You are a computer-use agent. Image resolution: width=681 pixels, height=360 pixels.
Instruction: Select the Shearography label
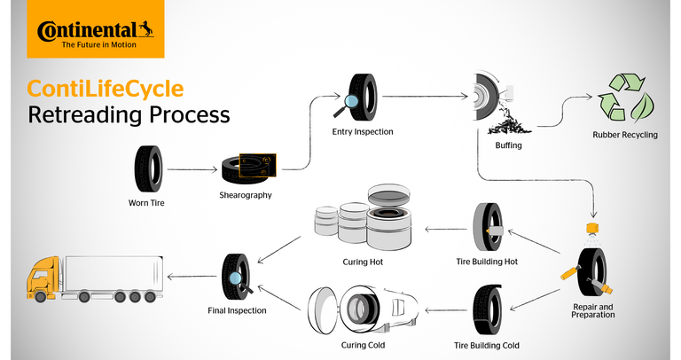(x=246, y=193)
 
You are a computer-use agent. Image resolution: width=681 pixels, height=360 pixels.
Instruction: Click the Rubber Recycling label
(x=624, y=137)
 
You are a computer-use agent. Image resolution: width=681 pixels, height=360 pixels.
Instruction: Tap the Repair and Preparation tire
(x=587, y=271)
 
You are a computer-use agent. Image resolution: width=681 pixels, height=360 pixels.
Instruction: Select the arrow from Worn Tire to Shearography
(x=190, y=168)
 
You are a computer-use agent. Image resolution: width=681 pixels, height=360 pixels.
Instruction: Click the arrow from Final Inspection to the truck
(x=192, y=277)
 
